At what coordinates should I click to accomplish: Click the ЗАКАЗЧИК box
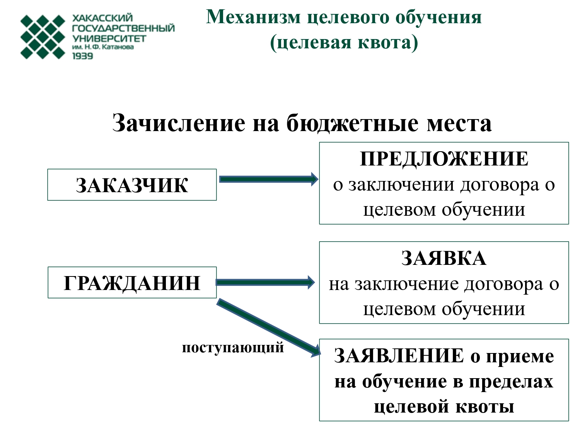[132, 185]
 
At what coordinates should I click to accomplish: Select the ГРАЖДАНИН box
[132, 283]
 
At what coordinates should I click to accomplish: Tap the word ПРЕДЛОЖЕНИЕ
[444, 159]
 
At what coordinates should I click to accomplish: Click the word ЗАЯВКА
[444, 258]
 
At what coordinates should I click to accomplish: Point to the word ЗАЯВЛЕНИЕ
[399, 356]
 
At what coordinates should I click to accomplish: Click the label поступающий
[233, 348]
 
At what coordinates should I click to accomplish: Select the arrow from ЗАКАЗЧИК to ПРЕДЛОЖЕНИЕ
[268, 179]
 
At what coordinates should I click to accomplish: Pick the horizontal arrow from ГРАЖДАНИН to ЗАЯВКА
[266, 282]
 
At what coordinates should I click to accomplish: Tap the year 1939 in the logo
[82, 56]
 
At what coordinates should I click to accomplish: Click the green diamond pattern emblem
[43, 37]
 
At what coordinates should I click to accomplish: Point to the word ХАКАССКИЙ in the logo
[102, 18]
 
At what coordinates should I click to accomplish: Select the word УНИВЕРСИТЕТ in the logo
[109, 39]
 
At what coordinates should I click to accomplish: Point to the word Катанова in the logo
[118, 47]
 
